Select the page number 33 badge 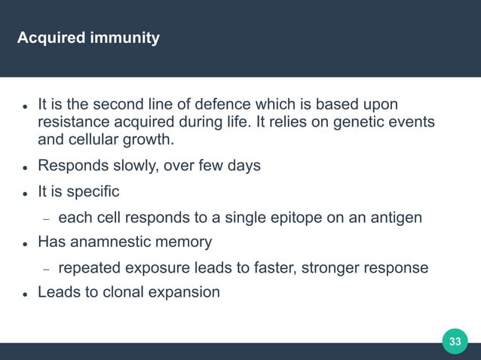coord(455,341)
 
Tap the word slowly coord(134,166)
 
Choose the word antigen coord(392,218)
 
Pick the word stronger coord(329,268)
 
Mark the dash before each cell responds coord(46,218)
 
